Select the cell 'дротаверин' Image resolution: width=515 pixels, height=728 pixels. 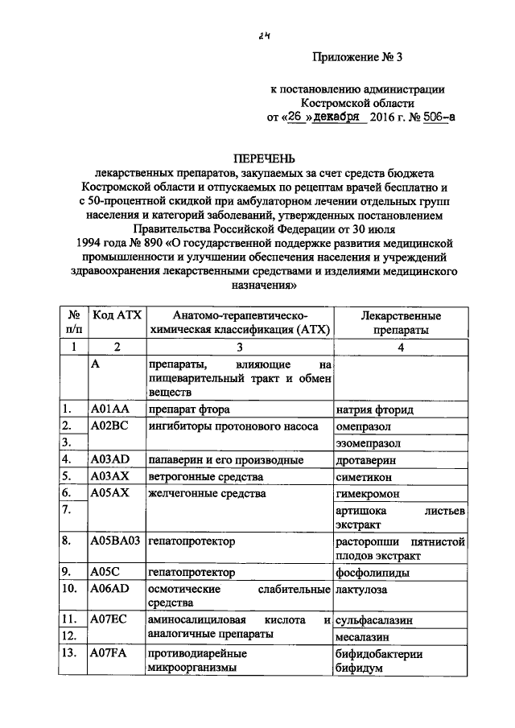click(365, 460)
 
